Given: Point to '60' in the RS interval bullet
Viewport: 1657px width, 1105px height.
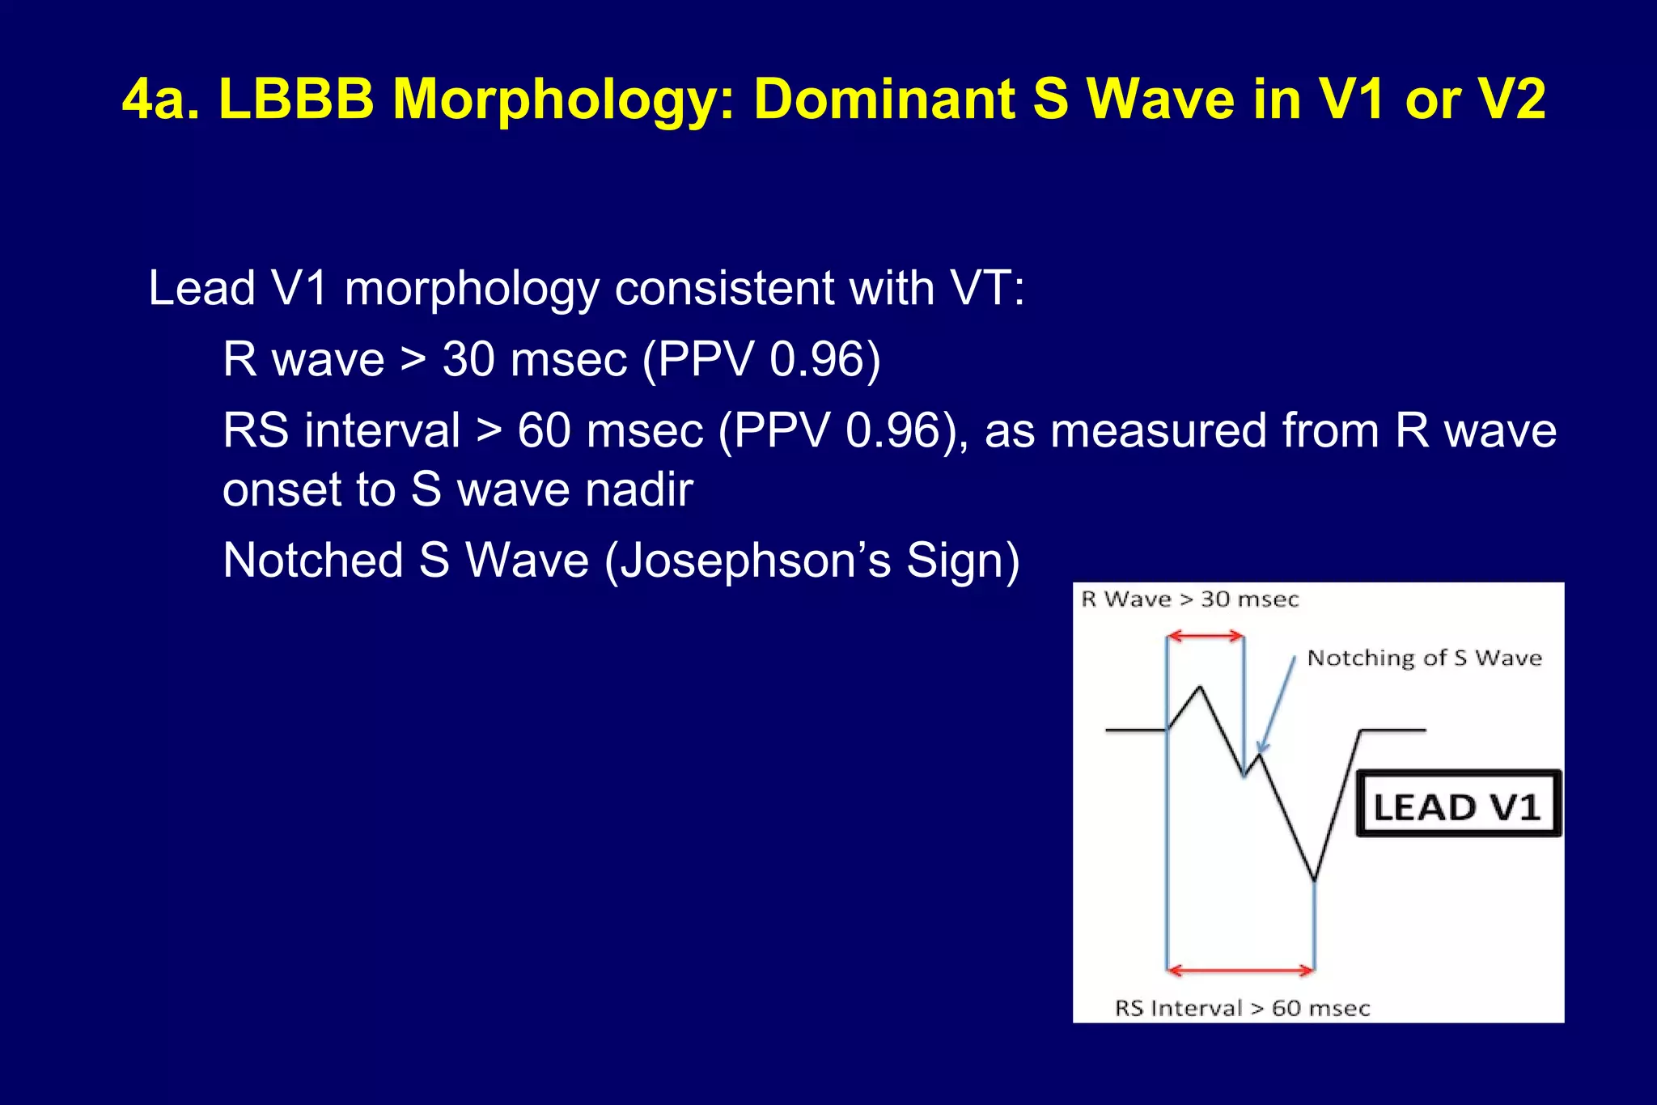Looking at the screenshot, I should pos(544,430).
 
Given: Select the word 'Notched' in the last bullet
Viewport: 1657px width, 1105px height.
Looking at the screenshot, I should pos(313,560).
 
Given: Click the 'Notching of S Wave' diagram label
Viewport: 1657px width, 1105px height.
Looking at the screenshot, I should pos(1424,658).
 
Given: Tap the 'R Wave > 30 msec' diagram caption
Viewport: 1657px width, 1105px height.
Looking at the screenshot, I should pos(1189,599).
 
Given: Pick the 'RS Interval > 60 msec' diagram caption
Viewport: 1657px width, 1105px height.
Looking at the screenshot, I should pos(1242,1008).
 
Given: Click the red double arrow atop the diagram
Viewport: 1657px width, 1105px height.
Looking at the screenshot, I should pos(1206,637).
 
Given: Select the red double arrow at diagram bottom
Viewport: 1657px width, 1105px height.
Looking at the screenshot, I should pos(1240,969).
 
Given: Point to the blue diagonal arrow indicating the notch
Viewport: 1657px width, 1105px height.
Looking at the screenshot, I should pos(1277,706).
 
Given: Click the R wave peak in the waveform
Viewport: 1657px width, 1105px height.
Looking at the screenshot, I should pos(1200,688).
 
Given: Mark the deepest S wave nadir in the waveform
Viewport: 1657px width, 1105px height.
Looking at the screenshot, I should pos(1314,879).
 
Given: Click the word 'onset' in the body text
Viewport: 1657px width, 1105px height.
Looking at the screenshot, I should pos(280,489).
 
